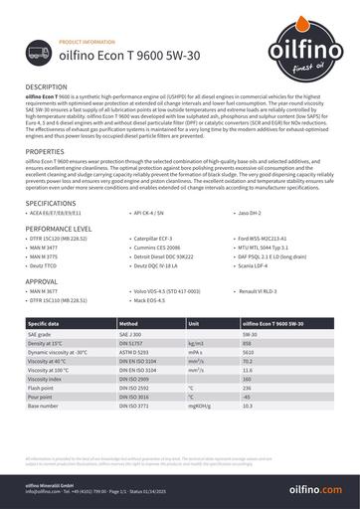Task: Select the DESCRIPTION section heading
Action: point(47,88)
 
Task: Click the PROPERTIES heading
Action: point(45,151)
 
